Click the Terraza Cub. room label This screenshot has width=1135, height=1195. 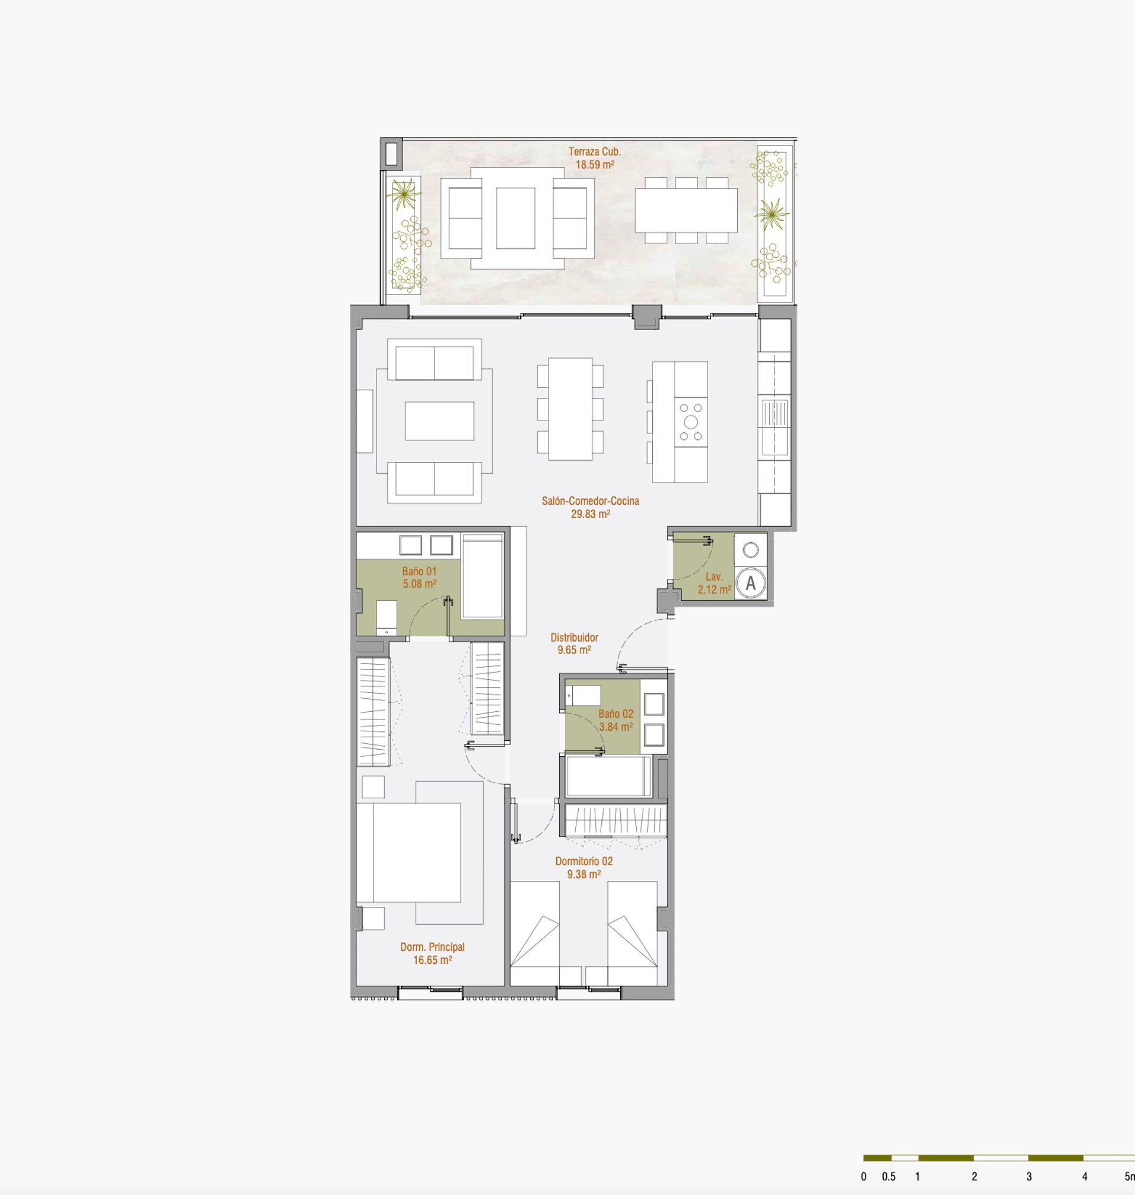594,152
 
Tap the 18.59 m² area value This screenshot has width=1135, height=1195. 594,164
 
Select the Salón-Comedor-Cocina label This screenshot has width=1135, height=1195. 590,501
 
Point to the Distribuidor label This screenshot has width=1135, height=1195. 574,637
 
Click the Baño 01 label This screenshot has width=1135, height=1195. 419,571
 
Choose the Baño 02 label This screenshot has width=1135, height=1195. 616,714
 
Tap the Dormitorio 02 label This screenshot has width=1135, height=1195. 584,861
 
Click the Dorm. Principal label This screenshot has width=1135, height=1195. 432,947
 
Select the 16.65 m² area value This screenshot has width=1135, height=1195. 432,960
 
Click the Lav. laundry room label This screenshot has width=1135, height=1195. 715,577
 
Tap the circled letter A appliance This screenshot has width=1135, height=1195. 751,583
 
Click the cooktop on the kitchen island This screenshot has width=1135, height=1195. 690,422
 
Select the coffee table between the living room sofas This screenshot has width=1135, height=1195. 439,421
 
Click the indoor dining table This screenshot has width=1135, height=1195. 570,409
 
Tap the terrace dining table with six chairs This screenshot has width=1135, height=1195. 686,210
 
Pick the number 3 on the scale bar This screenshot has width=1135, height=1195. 1029,1177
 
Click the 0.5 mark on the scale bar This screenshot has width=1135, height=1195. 888,1177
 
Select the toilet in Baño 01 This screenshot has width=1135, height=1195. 387,618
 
